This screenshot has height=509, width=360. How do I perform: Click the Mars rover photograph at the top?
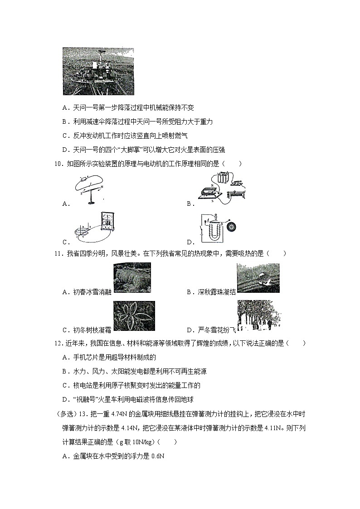tap(98, 71)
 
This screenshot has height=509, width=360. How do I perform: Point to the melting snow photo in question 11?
tap(132, 278)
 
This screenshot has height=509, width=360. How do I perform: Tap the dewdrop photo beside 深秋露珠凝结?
tap(258, 278)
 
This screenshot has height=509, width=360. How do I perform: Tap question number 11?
tap(58, 253)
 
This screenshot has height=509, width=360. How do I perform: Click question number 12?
tap(58, 344)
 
